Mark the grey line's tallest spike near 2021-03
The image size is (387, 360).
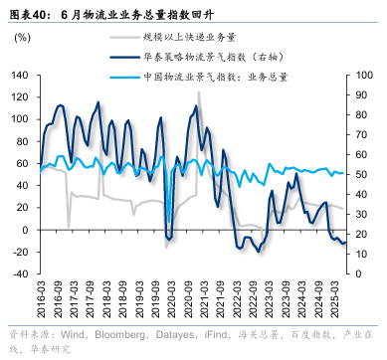click(x=198, y=92)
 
